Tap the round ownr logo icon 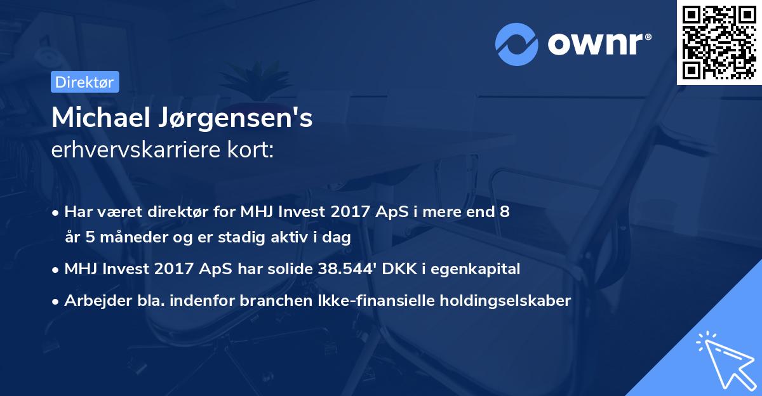click(517, 44)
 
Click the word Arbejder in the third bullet click(96, 300)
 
